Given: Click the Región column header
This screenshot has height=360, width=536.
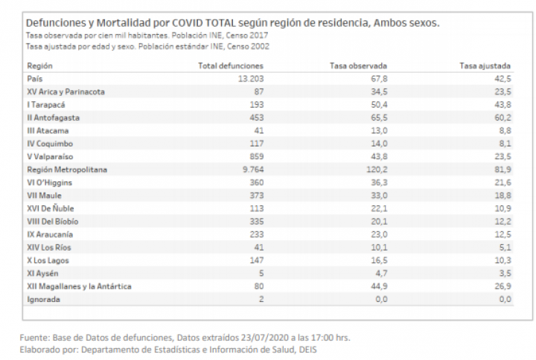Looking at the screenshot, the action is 39,66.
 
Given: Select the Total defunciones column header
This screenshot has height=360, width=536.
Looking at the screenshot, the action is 231,66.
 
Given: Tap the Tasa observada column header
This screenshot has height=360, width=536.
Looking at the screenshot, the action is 358,66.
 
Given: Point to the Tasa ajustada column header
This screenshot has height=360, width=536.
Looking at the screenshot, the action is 485,66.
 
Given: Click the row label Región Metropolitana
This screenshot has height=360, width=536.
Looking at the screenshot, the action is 67,170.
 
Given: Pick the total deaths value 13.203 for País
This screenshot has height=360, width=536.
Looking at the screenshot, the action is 251,79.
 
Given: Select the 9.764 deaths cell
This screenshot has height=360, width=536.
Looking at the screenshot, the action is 253,170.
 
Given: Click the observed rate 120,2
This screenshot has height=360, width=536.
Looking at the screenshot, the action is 377,170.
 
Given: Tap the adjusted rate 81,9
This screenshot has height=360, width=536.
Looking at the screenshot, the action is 502,170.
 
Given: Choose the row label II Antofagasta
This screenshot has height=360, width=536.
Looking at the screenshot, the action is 54,118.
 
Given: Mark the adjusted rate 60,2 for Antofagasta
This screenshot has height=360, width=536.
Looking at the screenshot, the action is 502,118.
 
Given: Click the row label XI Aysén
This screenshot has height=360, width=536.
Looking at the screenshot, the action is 42,274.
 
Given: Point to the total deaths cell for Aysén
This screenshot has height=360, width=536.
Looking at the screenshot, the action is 261,274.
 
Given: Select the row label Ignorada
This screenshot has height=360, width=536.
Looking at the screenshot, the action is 43,300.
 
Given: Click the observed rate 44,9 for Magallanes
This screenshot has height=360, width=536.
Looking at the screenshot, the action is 379,286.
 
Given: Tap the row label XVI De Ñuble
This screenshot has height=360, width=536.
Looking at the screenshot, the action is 51,209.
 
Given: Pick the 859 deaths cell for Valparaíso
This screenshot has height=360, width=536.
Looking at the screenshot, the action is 257,157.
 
